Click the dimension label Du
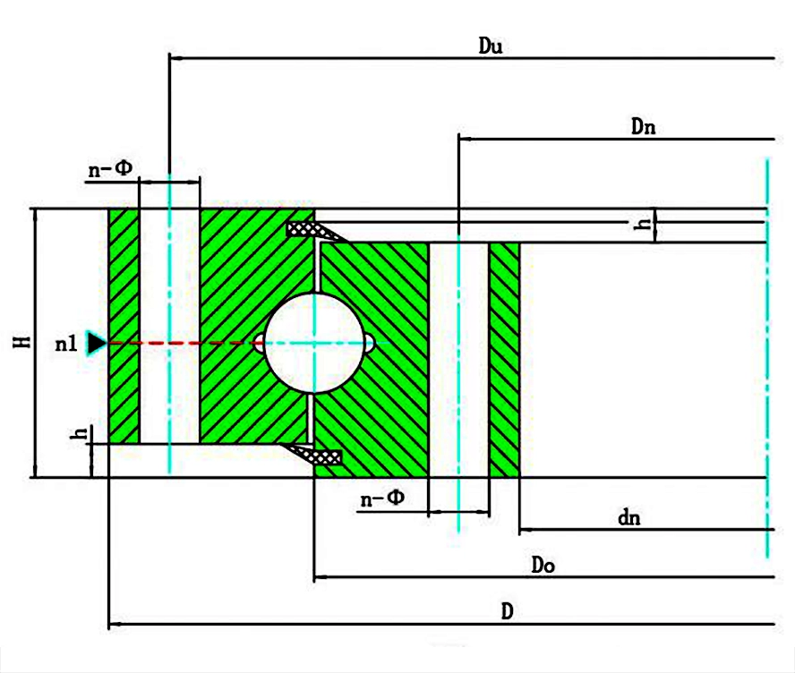pos(491,47)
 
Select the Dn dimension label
pos(643,126)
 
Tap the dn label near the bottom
pos(629,517)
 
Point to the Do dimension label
pos(543,565)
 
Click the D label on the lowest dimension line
pos(507,611)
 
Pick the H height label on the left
pos(21,342)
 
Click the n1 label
pos(66,344)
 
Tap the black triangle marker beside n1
pos(97,343)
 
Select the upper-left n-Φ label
pos(110,169)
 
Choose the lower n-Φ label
pos(382,498)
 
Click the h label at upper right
pos(643,223)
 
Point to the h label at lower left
pos(81,433)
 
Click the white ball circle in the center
pos(314,343)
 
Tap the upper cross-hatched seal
pos(313,230)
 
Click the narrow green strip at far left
pos(124,326)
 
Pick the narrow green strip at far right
pos(504,360)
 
